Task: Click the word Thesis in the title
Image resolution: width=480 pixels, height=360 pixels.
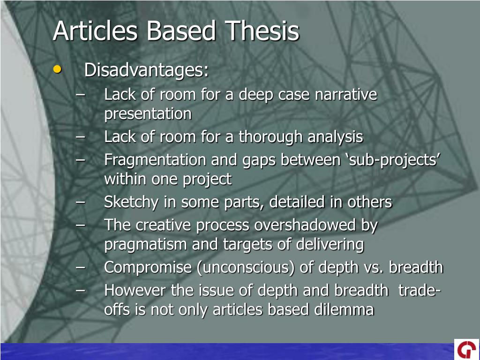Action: (x=262, y=31)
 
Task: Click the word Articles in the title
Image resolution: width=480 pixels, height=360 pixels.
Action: (x=95, y=31)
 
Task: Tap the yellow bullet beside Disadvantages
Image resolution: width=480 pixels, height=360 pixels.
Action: (x=57, y=69)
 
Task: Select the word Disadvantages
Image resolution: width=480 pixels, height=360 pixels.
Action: (x=146, y=70)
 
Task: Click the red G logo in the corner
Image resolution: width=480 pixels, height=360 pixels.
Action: (x=467, y=349)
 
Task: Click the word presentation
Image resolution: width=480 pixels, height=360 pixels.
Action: (x=148, y=114)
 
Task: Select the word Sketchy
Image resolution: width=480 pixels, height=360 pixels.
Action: (x=131, y=202)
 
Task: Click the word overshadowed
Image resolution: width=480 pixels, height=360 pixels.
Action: (x=305, y=225)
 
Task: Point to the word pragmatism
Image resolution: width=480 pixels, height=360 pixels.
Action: (x=145, y=245)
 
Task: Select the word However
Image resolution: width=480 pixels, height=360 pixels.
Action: (x=135, y=290)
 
